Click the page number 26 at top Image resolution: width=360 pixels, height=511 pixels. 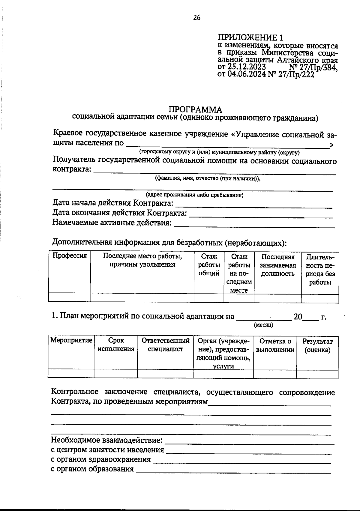pyautogui.click(x=197, y=17)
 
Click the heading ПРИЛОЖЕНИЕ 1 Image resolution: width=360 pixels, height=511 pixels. pyautogui.click(x=250, y=38)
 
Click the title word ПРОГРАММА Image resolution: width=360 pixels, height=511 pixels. pyautogui.click(x=195, y=109)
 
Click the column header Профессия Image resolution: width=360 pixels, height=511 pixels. pyautogui.click(x=70, y=256)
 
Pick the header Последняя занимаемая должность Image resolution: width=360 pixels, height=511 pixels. pyautogui.click(x=277, y=265)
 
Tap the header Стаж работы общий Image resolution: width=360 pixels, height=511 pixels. pyautogui.click(x=209, y=265)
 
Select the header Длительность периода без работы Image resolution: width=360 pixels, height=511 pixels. pyautogui.click(x=320, y=269)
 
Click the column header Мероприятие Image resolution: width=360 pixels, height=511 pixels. pyautogui.click(x=71, y=340)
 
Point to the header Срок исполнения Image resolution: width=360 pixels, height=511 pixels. pyautogui.click(x=116, y=345)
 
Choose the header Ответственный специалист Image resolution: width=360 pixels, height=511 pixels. pyautogui.click(x=165, y=345)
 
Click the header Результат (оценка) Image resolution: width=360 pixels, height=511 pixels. pyautogui.click(x=317, y=345)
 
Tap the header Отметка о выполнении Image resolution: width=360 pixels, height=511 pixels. pyautogui.click(x=275, y=345)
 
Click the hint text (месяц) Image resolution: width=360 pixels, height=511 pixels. pyautogui.click(x=263, y=325)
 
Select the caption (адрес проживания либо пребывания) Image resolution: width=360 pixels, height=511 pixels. pyautogui.click(x=194, y=195)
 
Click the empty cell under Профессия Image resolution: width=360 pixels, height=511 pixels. pyautogui.click(x=69, y=298)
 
